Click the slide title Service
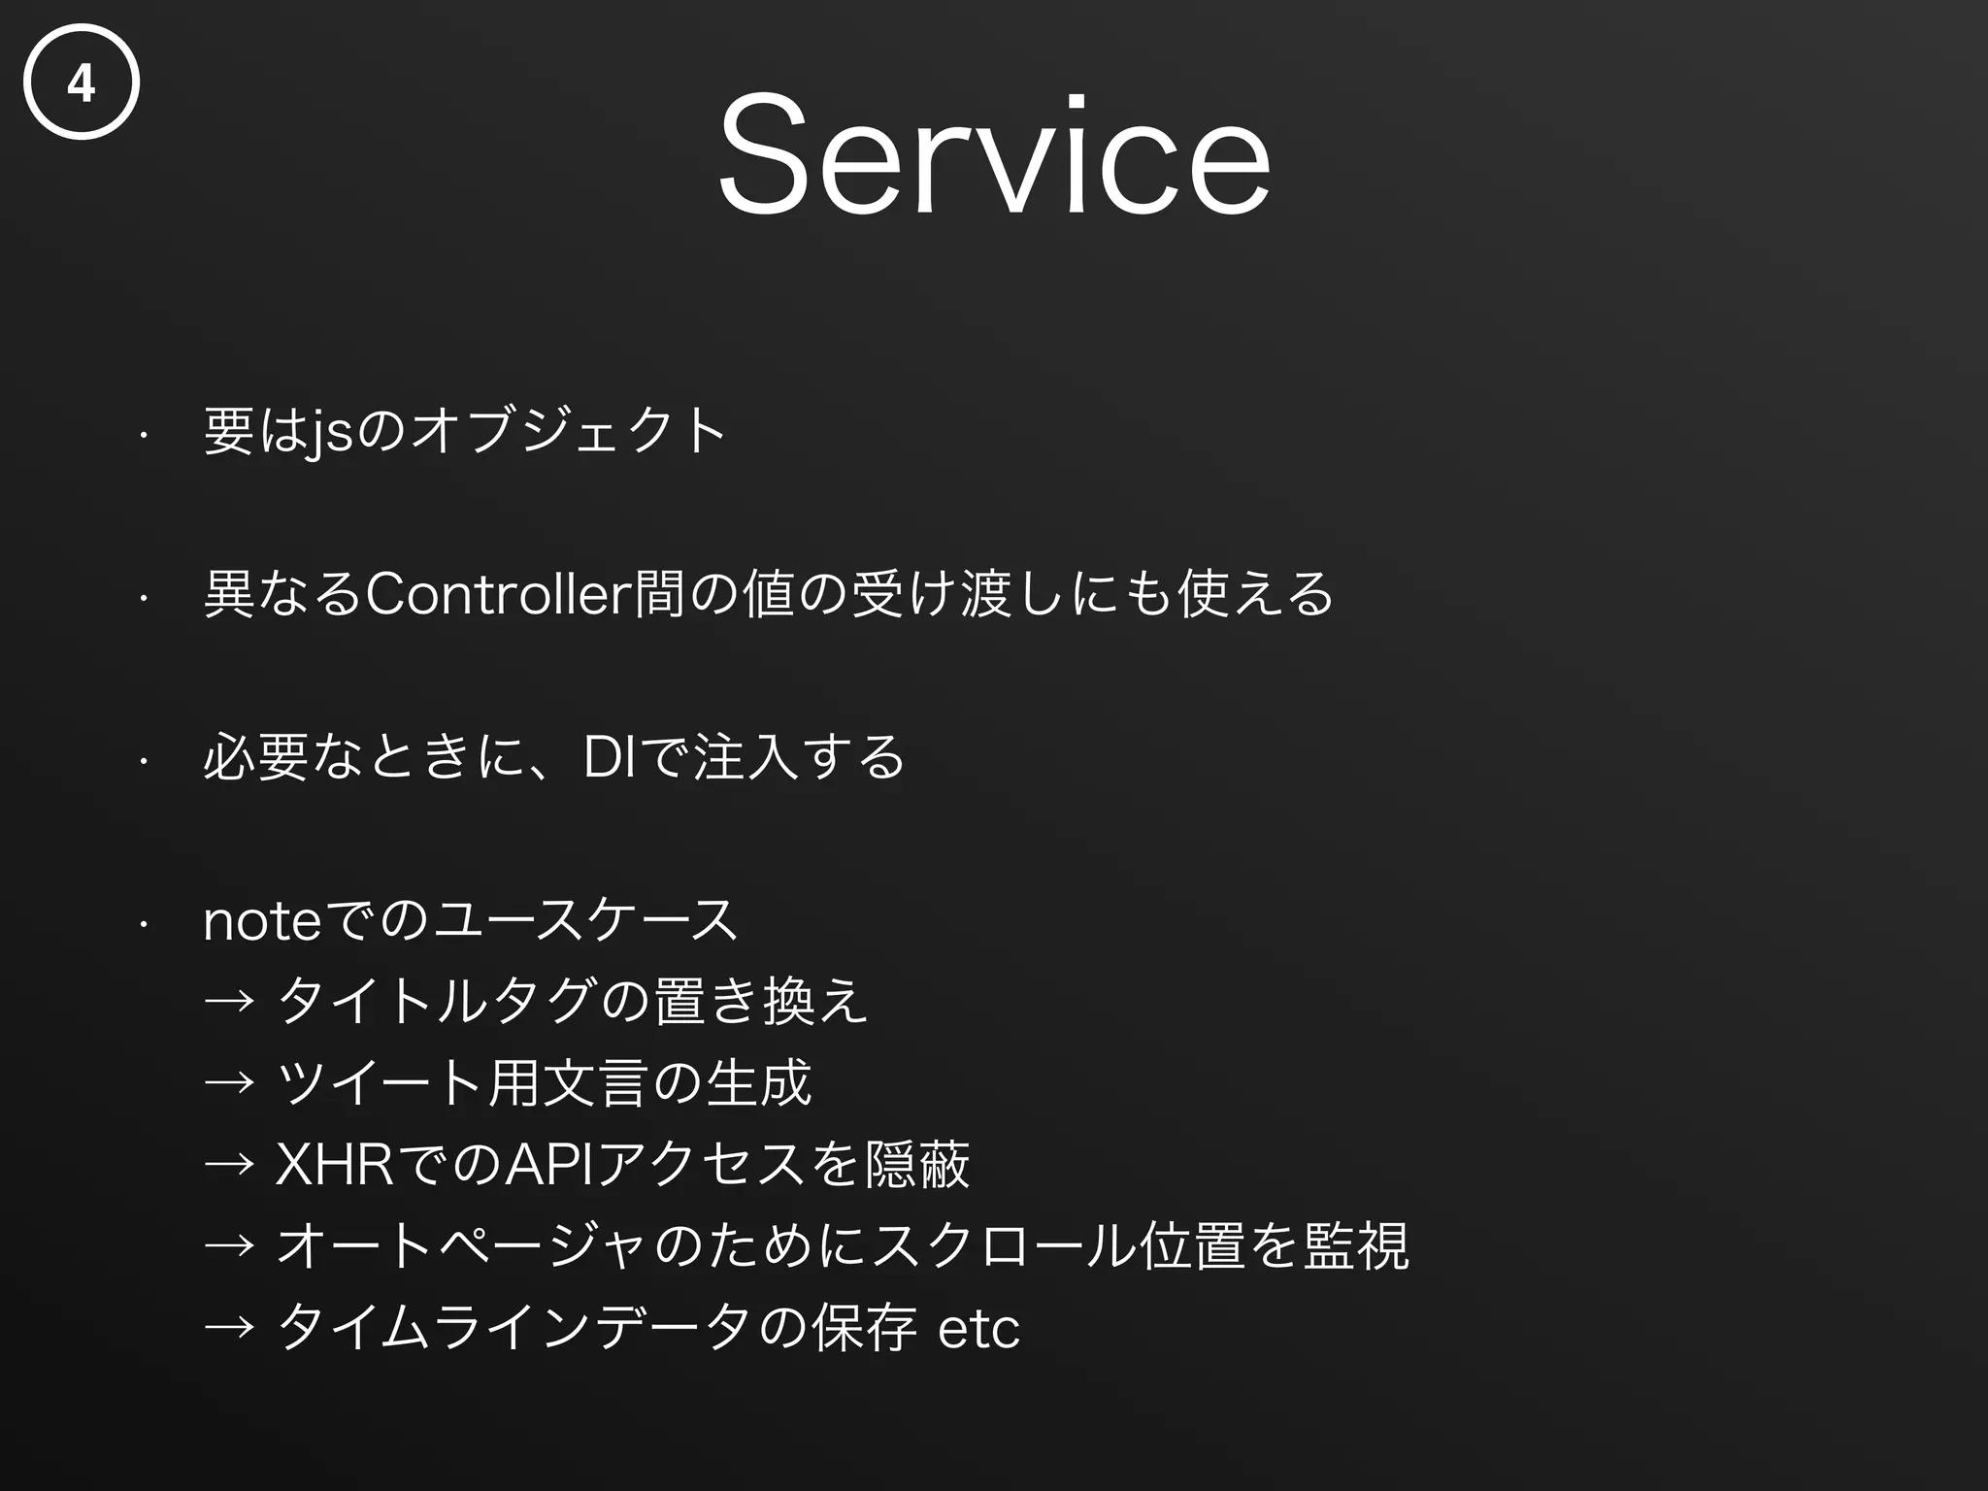coord(993,155)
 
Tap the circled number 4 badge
coord(82,83)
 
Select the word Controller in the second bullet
coord(497,594)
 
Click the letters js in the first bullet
coord(330,433)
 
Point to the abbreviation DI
coord(610,758)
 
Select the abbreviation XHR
coord(335,1165)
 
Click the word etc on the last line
coord(978,1328)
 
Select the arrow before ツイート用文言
coord(229,1083)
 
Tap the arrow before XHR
coord(229,1165)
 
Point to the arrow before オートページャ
coord(229,1246)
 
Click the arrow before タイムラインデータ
coord(229,1328)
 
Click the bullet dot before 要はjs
coord(143,435)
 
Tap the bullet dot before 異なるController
coord(143,598)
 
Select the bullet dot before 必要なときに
coord(143,761)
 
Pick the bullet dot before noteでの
coord(143,924)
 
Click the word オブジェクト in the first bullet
coord(569,431)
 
